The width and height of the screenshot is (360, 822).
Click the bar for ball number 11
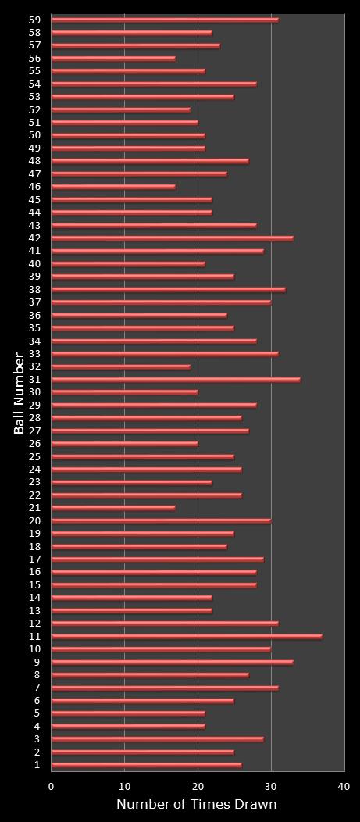click(187, 636)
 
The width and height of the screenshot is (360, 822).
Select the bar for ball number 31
click(176, 380)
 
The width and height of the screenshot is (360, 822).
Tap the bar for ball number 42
click(172, 238)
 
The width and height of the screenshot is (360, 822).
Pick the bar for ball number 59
click(165, 20)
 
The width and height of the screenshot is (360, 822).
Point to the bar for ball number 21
click(113, 508)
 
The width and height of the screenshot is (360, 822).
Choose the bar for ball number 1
click(146, 765)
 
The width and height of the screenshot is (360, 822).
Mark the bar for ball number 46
click(113, 187)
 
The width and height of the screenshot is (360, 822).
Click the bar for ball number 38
click(168, 289)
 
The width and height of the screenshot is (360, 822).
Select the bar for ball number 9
click(172, 662)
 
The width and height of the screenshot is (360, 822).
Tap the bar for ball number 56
click(113, 58)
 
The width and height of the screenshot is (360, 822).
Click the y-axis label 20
click(35, 521)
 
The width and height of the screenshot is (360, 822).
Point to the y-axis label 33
click(35, 354)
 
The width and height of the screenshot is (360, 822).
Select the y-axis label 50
click(35, 135)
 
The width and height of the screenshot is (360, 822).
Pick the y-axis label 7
click(37, 688)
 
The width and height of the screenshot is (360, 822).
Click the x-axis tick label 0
click(52, 787)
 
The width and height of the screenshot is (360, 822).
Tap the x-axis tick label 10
click(125, 787)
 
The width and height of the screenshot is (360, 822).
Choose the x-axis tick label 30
click(271, 787)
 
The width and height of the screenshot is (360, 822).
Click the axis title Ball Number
click(19, 392)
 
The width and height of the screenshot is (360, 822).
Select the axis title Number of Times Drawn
click(197, 805)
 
